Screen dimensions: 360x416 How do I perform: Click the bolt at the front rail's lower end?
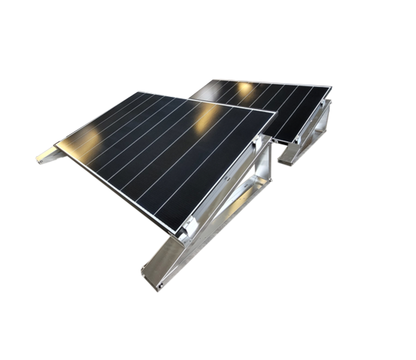coord(160,286)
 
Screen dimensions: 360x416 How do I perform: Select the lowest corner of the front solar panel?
coord(177,232)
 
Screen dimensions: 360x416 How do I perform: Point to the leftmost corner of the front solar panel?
coord(55,144)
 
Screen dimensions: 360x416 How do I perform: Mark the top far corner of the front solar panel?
coord(139,92)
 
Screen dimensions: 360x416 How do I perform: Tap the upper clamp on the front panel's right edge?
coord(257,141)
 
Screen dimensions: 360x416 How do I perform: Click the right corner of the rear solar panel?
coord(330,87)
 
